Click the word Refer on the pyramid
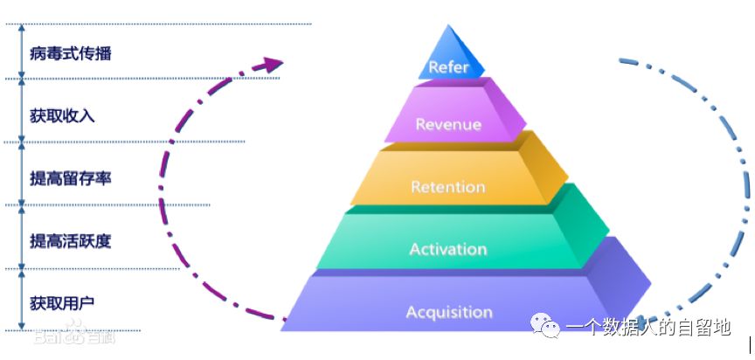[449, 67]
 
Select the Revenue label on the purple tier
[447, 124]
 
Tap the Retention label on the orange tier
[447, 187]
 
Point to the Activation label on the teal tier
[447, 249]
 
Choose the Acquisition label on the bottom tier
[448, 312]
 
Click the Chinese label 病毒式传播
[71, 53]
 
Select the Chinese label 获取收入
[63, 116]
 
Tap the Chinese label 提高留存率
[71, 178]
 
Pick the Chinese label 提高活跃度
[71, 240]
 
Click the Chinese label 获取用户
[63, 303]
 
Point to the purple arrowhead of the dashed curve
[274, 64]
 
